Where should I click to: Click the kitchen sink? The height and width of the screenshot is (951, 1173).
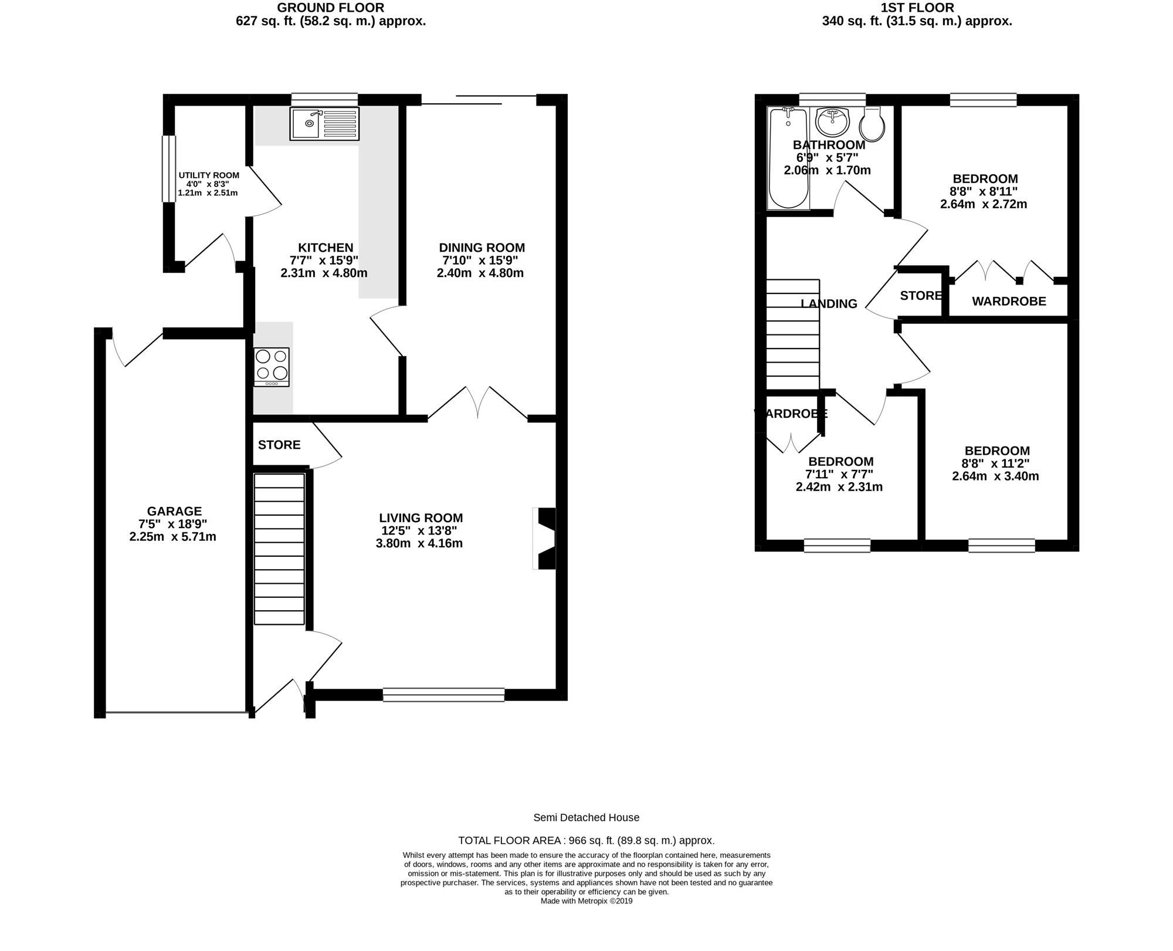[324, 124]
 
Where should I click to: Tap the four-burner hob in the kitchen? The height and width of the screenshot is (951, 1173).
[272, 367]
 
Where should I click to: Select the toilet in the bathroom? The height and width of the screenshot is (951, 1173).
[872, 124]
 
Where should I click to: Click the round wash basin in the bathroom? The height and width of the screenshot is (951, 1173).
[832, 121]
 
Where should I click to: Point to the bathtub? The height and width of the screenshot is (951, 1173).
[788, 158]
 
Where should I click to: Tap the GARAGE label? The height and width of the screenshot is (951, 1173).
[174, 512]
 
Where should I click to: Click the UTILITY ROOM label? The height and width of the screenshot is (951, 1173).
[209, 175]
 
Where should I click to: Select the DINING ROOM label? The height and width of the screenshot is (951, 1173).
[482, 248]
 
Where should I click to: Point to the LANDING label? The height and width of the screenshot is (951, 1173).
[829, 304]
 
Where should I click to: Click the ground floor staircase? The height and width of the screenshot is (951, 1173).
[279, 549]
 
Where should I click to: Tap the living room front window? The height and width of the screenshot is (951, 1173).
[443, 695]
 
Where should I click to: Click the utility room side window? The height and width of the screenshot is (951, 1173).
[169, 169]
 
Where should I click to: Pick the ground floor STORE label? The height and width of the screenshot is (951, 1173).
[279, 445]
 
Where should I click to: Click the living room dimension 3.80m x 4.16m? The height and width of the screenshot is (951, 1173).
[419, 543]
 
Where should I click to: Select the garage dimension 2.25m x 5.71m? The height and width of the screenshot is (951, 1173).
[173, 537]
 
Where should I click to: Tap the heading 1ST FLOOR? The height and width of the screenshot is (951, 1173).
[917, 8]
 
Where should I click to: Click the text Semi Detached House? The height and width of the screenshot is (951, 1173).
[586, 817]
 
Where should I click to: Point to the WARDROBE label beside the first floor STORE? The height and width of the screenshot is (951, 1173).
[1009, 302]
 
